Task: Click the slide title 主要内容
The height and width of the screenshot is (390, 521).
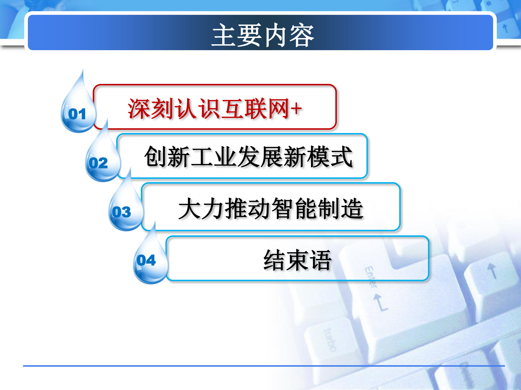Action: (x=263, y=35)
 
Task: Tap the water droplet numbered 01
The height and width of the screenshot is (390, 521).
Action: (x=77, y=111)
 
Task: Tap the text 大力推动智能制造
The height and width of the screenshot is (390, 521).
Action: (x=271, y=208)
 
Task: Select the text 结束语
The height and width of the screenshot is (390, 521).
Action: (x=297, y=260)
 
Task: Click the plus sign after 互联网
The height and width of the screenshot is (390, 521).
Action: (x=296, y=109)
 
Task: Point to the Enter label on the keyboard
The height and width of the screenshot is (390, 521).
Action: (x=370, y=277)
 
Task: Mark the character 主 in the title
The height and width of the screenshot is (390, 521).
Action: (x=223, y=35)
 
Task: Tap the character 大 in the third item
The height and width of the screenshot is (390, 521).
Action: (x=189, y=208)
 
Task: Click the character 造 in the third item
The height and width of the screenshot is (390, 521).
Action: (x=352, y=208)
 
